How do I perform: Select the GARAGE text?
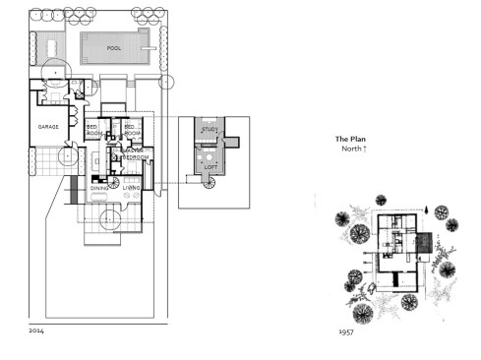click(x=49, y=128)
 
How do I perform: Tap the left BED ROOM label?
click(x=93, y=130)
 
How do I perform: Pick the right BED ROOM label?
click(x=129, y=130)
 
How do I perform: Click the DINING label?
click(x=98, y=187)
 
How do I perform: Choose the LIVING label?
click(x=131, y=187)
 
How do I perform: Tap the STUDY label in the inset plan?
click(x=210, y=130)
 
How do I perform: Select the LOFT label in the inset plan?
click(x=210, y=166)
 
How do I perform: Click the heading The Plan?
click(x=350, y=140)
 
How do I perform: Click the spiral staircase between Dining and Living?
click(x=114, y=182)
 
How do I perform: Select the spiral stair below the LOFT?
click(x=208, y=194)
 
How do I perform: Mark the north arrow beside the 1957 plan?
click(x=426, y=210)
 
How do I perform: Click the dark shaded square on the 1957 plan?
click(x=424, y=242)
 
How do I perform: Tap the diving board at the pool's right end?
click(x=149, y=44)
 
